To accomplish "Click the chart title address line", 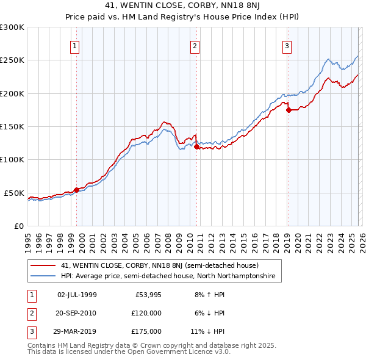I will point(182,5).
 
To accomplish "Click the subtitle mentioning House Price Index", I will point(182,16).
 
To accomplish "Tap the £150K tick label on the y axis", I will point(12,126).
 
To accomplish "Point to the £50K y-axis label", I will point(15,193).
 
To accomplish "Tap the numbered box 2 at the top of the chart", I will point(195,45).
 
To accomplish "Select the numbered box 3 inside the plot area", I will point(287,45).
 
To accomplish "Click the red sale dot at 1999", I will point(76,190).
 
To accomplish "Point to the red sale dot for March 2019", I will point(289,110).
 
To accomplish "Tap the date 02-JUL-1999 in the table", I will point(77,295).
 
